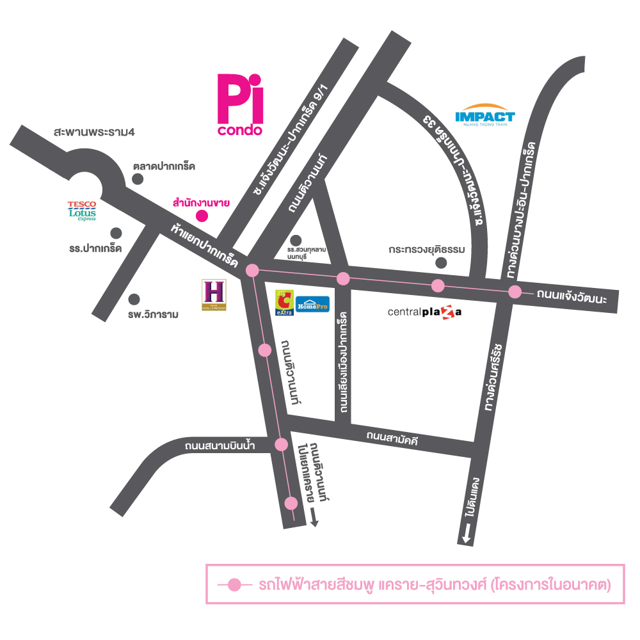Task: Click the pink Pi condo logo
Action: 240,104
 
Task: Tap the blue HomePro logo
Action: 313,304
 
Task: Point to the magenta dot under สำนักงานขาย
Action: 201,215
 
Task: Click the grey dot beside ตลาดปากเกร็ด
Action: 138,180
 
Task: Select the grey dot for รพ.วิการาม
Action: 134,299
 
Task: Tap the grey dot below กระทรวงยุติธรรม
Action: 440,262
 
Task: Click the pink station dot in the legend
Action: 235,584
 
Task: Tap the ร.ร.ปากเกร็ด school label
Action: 95,248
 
